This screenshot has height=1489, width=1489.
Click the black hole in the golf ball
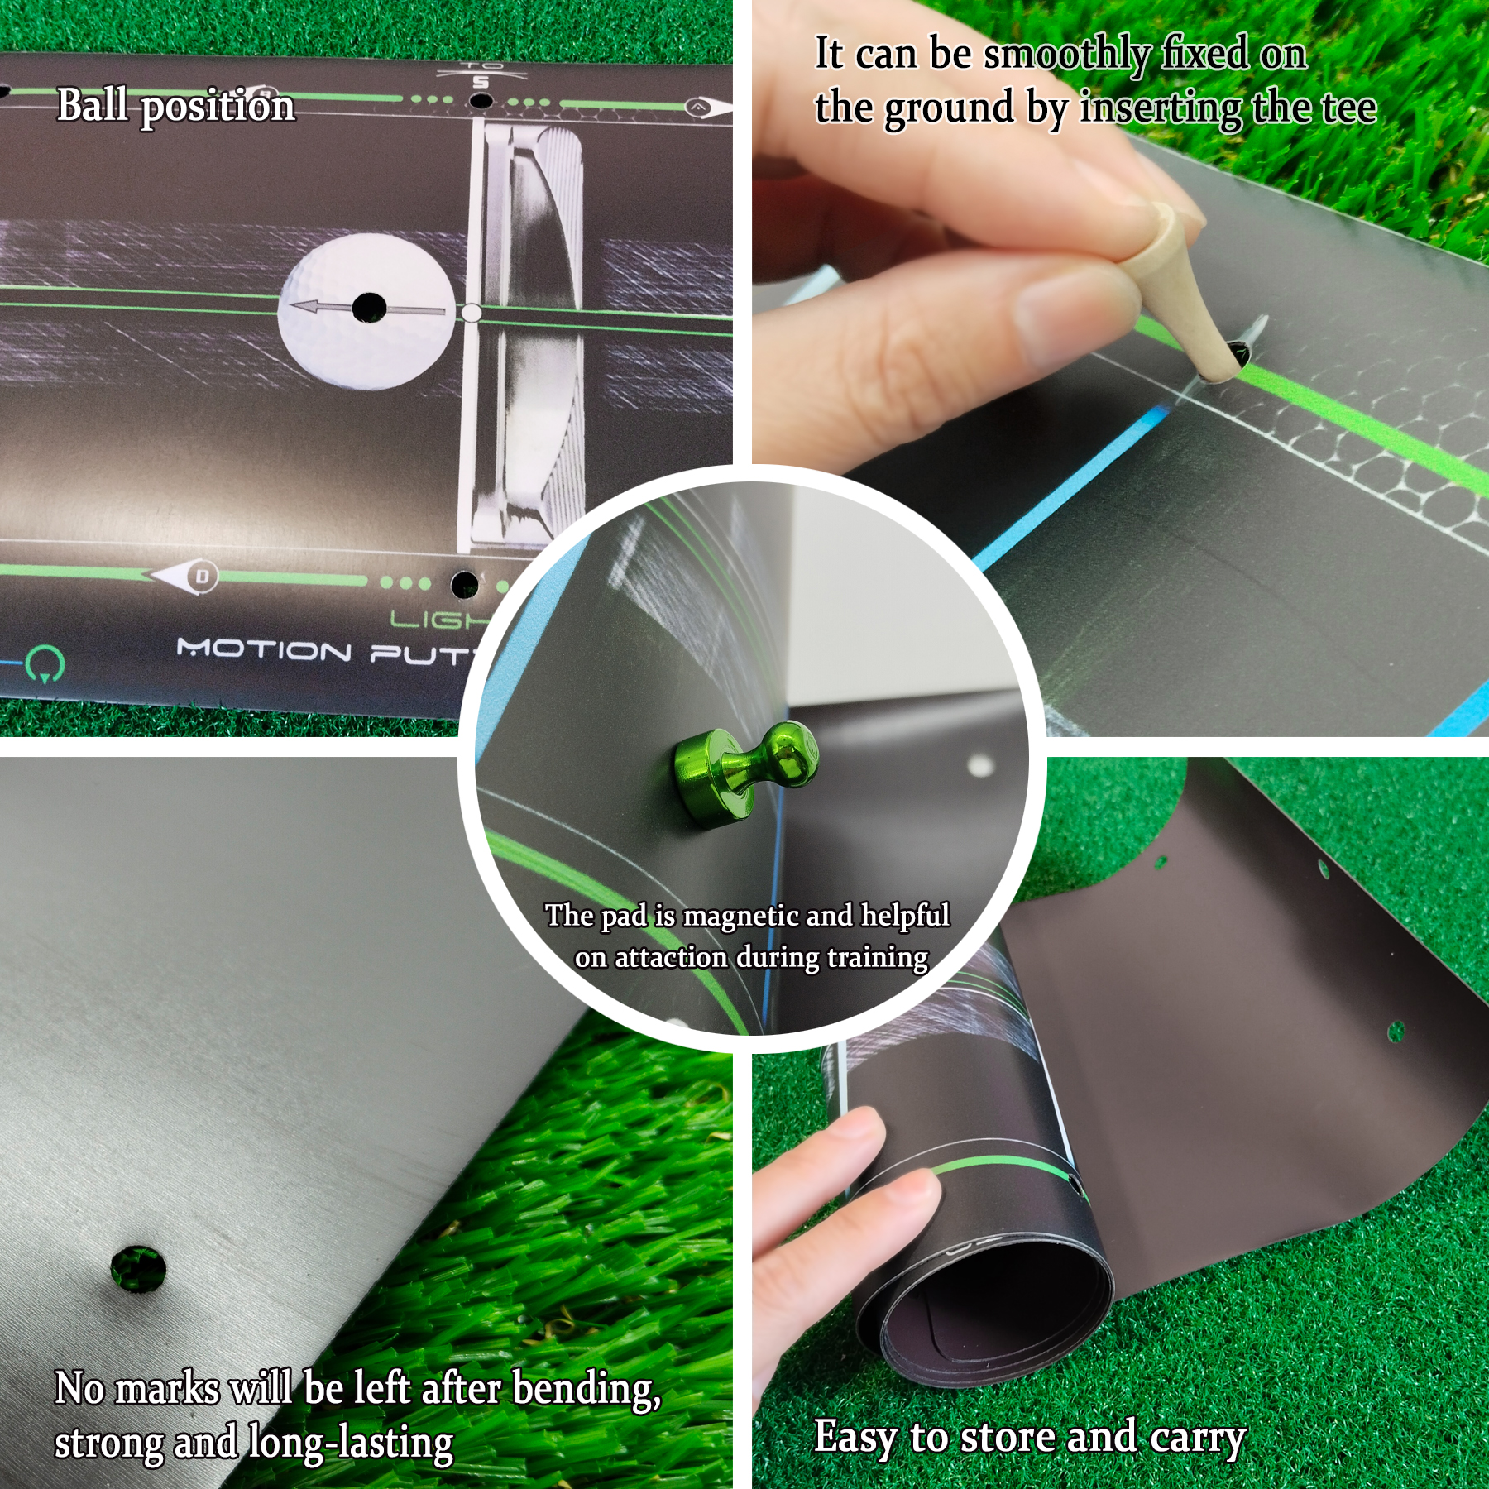(369, 308)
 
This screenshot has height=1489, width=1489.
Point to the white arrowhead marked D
(185, 576)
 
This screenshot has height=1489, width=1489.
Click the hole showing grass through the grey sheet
(138, 1267)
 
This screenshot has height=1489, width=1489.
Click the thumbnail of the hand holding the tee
(1121, 368)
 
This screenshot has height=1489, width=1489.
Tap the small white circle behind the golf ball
(471, 313)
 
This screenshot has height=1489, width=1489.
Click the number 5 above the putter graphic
(481, 82)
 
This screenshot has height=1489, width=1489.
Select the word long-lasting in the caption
(351, 1443)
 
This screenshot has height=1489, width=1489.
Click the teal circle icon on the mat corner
(41, 664)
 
